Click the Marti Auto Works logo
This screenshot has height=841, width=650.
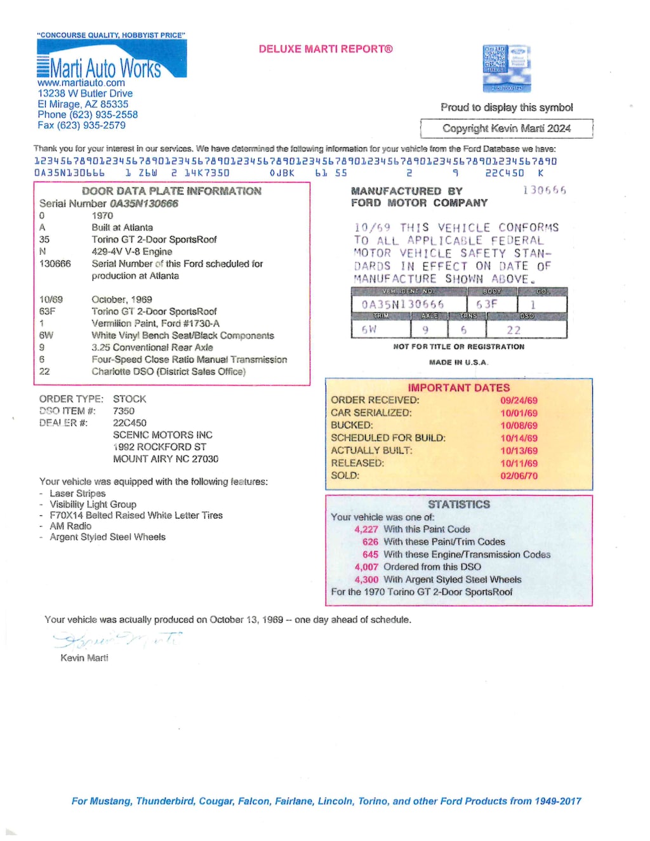111,60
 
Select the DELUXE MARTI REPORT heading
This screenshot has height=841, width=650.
326,49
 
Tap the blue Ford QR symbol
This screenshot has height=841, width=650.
506,69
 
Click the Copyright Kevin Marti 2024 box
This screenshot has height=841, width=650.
506,128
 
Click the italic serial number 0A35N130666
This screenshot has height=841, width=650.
144,204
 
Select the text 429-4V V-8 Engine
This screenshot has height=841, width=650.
132,251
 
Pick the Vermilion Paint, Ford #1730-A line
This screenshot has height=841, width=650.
156,323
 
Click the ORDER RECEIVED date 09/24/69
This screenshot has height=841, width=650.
519,401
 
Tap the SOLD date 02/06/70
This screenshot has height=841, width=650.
519,475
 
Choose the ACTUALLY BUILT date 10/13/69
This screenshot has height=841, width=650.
519,451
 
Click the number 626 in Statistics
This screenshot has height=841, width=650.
370,542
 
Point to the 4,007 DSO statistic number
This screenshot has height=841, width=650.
366,567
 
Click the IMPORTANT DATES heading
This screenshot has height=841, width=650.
458,388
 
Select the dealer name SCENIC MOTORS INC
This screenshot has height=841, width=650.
162,435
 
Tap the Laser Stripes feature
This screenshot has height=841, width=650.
77,493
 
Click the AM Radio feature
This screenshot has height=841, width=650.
70,526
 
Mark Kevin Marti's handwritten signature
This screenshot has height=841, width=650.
117,640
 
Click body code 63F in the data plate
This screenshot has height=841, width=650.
487,305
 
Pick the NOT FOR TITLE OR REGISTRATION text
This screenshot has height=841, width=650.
458,347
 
